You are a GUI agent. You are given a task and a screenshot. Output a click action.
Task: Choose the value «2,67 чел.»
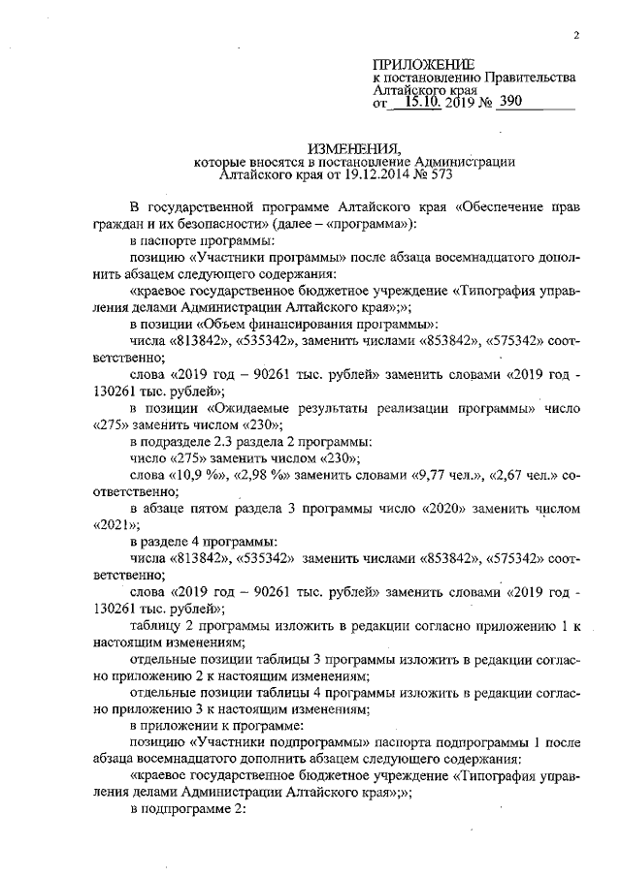tap(514, 477)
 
